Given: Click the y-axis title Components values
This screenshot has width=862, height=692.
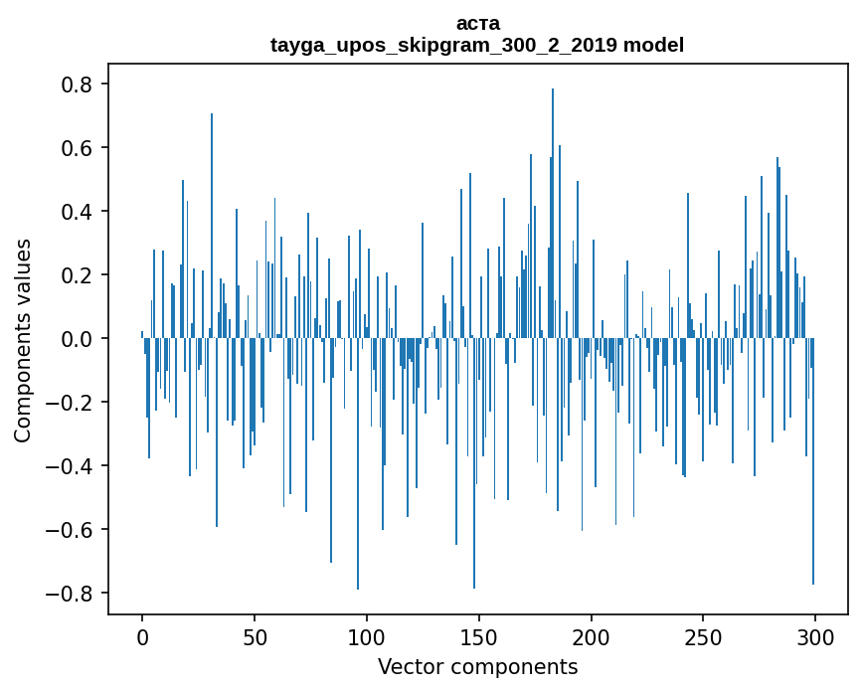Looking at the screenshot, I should tap(23, 340).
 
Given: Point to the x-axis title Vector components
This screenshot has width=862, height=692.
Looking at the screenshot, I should tap(477, 666).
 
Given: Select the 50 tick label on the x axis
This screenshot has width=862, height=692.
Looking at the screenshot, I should tap(255, 636).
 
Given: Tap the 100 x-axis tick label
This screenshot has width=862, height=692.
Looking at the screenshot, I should tap(367, 636).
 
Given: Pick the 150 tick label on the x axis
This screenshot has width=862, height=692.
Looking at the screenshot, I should tap(479, 636).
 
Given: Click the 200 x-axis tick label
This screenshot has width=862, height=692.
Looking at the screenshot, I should tap(592, 636).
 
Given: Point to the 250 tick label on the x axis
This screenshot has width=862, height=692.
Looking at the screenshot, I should tap(703, 636).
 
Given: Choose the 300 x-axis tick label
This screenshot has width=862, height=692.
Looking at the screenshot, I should tap(815, 636).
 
